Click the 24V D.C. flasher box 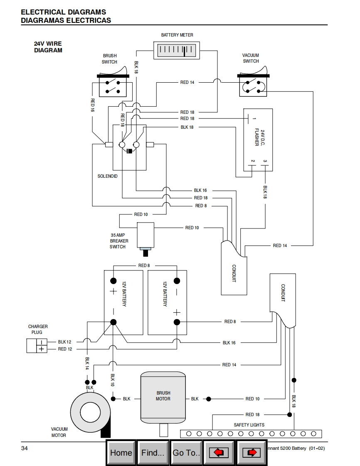(258, 140)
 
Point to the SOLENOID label (108, 176)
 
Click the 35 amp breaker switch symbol (145, 237)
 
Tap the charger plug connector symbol (37, 346)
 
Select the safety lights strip (251, 434)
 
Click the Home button (121, 453)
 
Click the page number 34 (25, 448)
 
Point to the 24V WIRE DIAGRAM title (48, 47)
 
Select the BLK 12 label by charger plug (65, 341)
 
